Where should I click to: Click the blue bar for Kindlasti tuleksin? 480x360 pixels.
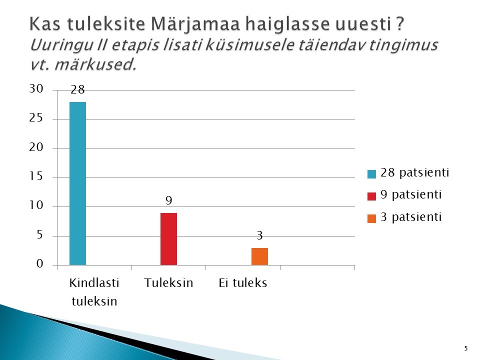coord(78,183)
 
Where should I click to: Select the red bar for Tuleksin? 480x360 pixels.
coord(168,239)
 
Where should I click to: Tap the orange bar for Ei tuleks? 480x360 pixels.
coord(259,256)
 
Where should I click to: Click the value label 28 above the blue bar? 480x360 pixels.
coord(77,89)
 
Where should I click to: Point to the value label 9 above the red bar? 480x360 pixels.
coord(168,200)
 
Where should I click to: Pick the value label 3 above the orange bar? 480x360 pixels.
coord(259,235)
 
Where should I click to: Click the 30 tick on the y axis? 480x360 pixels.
coord(36,89)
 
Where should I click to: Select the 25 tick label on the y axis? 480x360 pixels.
coord(36,118)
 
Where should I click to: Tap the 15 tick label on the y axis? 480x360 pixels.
coord(36,176)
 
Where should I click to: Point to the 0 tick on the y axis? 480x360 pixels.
coord(40,263)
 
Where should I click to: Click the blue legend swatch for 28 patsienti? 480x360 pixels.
coord(371,174)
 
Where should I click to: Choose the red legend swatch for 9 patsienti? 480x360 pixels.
coord(371,196)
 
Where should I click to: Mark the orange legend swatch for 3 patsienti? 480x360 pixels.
coord(371,218)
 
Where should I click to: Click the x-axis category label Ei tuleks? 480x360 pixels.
coord(243,283)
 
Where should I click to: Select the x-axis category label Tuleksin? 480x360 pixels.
coord(168,283)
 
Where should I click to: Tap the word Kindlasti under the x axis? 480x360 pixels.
coord(94,283)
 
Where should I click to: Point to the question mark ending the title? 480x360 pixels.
coord(400,23)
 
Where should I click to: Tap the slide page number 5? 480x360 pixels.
coord(466,348)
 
